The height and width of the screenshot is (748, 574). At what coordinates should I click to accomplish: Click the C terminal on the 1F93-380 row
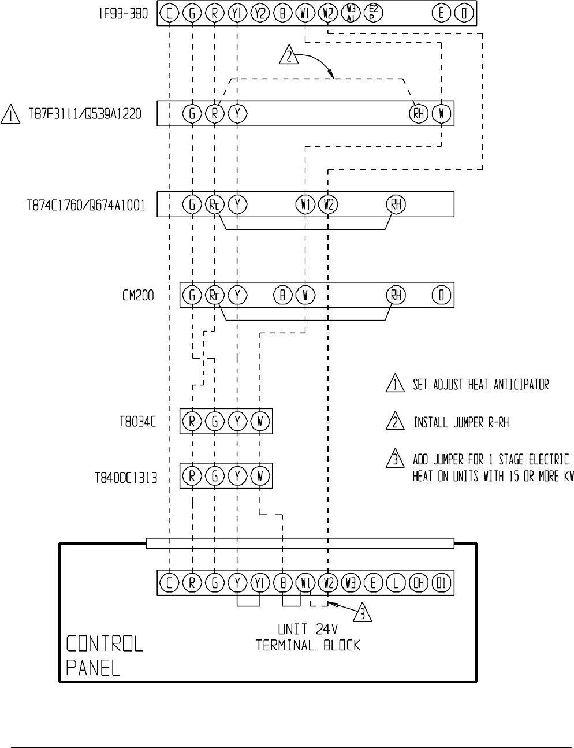tap(169, 13)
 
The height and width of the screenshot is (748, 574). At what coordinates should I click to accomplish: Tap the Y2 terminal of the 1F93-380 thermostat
tap(260, 13)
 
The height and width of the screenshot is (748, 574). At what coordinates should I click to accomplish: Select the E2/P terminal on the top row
tap(373, 13)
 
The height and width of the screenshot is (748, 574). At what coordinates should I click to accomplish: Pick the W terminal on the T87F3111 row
tap(441, 114)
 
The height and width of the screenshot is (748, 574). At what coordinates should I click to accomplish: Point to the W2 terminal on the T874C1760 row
tap(328, 204)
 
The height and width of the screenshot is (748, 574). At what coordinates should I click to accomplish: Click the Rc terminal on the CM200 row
tap(214, 296)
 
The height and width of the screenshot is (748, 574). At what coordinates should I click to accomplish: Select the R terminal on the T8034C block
tap(192, 422)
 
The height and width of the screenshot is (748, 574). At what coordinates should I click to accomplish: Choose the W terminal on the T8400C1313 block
tap(260, 476)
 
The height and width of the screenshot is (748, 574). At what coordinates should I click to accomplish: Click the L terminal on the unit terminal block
tap(396, 583)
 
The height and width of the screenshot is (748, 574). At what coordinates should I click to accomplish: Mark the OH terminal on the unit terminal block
tap(419, 583)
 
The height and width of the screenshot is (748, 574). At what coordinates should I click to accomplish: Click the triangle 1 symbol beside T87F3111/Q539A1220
tap(10, 114)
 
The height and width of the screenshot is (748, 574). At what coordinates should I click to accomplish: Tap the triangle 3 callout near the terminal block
tap(362, 613)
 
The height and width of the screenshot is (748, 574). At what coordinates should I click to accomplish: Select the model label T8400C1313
tap(126, 478)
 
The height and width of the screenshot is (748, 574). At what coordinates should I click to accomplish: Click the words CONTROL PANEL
tap(104, 656)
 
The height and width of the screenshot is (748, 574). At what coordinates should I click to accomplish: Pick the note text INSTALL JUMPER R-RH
tap(461, 423)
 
